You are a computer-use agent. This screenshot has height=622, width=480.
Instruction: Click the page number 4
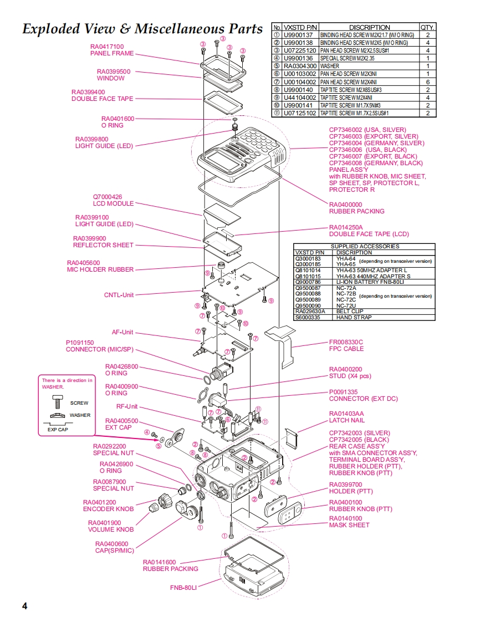click(24, 605)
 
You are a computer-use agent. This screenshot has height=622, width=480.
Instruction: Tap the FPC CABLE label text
click(346, 349)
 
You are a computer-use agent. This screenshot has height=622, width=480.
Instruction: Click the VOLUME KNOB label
click(111, 529)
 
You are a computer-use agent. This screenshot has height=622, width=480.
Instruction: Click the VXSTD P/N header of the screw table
click(300, 27)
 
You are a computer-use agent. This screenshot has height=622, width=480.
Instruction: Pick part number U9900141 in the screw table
click(298, 105)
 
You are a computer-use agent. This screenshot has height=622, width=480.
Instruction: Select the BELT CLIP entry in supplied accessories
click(350, 312)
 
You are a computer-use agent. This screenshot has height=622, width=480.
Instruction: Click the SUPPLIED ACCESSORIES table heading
click(364, 246)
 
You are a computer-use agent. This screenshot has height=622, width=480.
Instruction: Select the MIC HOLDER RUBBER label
click(100, 269)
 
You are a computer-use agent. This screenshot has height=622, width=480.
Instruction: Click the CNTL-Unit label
click(119, 295)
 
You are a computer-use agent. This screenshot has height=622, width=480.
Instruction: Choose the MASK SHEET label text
click(349, 525)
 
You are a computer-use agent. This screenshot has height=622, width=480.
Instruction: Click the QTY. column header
click(427, 27)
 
